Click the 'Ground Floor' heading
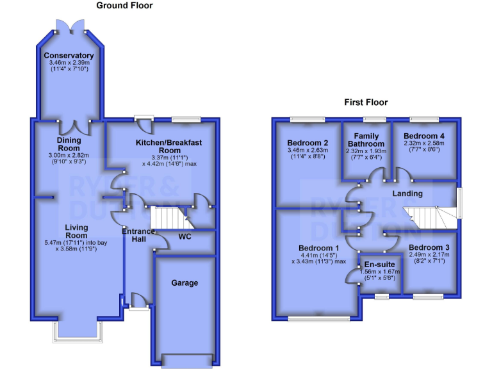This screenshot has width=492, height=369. (124, 6)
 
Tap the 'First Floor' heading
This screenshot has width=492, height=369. (366, 102)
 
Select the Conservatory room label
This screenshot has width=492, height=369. (69, 56)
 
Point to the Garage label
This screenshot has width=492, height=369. (184, 283)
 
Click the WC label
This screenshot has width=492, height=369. (185, 237)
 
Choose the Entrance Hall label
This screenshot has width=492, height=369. (139, 235)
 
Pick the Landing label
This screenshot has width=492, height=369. (407, 193)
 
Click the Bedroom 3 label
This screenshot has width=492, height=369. (429, 248)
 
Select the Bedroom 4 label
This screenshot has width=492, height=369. (423, 136)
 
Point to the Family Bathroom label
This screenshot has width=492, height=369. (366, 140)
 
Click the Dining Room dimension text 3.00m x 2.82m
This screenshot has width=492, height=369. (69, 156)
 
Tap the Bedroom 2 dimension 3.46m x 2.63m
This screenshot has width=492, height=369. (307, 151)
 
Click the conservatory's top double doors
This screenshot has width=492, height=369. (69, 25)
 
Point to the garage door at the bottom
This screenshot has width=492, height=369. (185, 361)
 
